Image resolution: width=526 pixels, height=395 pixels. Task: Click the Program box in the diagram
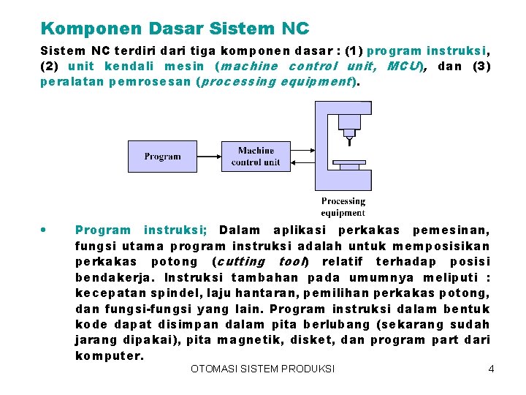[x=162, y=156]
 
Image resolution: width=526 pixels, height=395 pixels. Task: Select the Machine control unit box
[x=255, y=156]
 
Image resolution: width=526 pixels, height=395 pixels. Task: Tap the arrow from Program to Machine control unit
[x=207, y=157]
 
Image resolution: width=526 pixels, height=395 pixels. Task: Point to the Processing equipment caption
[x=343, y=206]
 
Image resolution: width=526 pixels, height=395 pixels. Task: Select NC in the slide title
[x=294, y=29]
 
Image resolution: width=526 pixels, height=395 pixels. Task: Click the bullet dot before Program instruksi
[x=45, y=230]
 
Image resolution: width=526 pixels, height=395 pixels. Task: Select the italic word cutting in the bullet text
[x=240, y=262]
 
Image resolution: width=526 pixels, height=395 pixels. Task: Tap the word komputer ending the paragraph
[x=110, y=355]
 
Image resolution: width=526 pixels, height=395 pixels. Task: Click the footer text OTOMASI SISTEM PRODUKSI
[x=262, y=369]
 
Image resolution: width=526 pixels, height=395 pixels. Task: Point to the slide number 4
[x=491, y=369]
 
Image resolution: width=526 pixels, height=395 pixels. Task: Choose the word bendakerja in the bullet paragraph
[x=113, y=278]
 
